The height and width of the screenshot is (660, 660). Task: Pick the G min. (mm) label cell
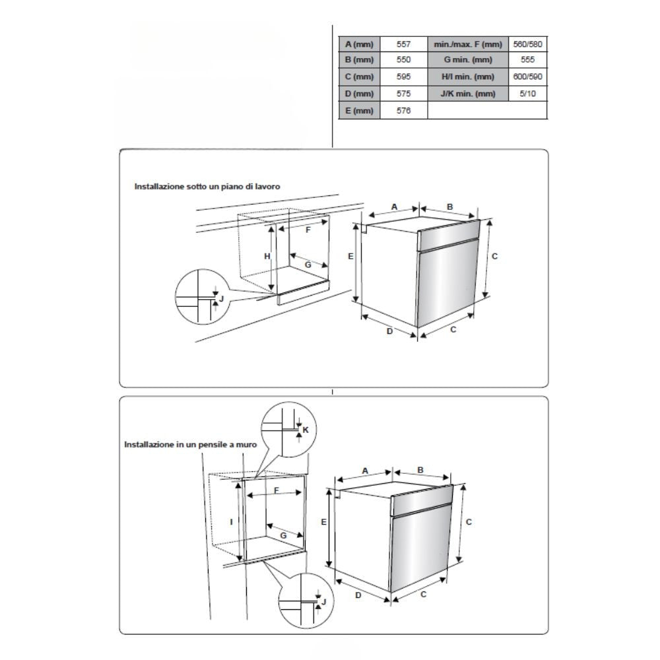pyautogui.click(x=468, y=61)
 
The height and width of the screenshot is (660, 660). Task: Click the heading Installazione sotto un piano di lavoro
pyautogui.click(x=207, y=187)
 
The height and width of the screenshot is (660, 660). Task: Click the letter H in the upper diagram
pyautogui.click(x=267, y=256)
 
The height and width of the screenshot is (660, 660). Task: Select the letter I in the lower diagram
pyautogui.click(x=231, y=521)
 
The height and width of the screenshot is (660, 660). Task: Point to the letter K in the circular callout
pyautogui.click(x=305, y=430)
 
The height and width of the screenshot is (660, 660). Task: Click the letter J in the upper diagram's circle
pyautogui.click(x=222, y=298)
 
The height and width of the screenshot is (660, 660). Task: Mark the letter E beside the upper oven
pyautogui.click(x=351, y=256)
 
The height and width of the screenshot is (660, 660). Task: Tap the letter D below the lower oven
pyautogui.click(x=358, y=595)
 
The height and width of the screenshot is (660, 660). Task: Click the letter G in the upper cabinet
pyautogui.click(x=308, y=264)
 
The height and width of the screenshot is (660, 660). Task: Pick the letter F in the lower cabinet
pyautogui.click(x=277, y=490)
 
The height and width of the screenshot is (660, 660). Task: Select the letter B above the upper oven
pyautogui.click(x=449, y=207)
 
